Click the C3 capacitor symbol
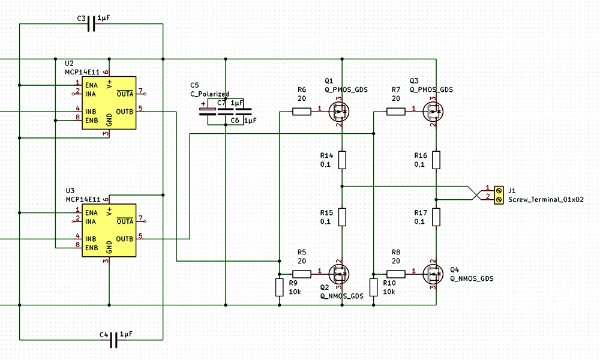click(x=91, y=24)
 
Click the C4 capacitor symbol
click(x=113, y=340)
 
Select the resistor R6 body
click(x=302, y=112)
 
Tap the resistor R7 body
click(x=395, y=112)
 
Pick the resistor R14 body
click(x=342, y=160)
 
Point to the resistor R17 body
click(x=436, y=217)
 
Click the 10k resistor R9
click(x=280, y=287)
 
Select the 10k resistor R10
click(x=373, y=287)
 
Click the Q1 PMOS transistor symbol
click(x=339, y=112)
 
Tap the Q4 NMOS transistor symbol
click(x=433, y=274)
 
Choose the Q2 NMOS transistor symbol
click(x=339, y=274)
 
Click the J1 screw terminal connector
click(x=499, y=195)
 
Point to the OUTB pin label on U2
click(x=124, y=112)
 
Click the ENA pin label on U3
click(x=91, y=213)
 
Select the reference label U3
click(x=70, y=191)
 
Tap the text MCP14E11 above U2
click(x=82, y=72)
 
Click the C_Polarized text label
click(x=209, y=94)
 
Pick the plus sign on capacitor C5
click(x=203, y=104)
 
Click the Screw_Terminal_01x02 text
click(x=546, y=199)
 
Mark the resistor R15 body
click(x=342, y=217)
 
